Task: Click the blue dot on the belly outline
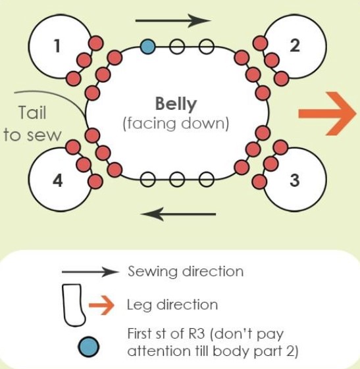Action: [x=147, y=47]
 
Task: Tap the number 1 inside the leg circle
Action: [x=57, y=45]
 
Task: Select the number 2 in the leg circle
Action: [x=295, y=45]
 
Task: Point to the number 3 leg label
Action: [x=295, y=180]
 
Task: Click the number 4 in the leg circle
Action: [x=58, y=181]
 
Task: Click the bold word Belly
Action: [x=176, y=103]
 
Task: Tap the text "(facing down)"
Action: [x=176, y=123]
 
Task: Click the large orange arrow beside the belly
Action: [x=327, y=114]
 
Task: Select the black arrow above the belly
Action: [x=173, y=20]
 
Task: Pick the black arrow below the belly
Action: [x=178, y=214]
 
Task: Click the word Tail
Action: [x=32, y=112]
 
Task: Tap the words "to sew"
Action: [x=32, y=135]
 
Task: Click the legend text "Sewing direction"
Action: [x=186, y=272]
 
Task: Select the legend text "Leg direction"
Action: [x=172, y=305]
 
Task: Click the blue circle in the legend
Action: [x=89, y=347]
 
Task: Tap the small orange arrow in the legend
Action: [x=102, y=305]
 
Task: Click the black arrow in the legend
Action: [x=90, y=272]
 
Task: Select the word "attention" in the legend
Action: [x=159, y=351]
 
